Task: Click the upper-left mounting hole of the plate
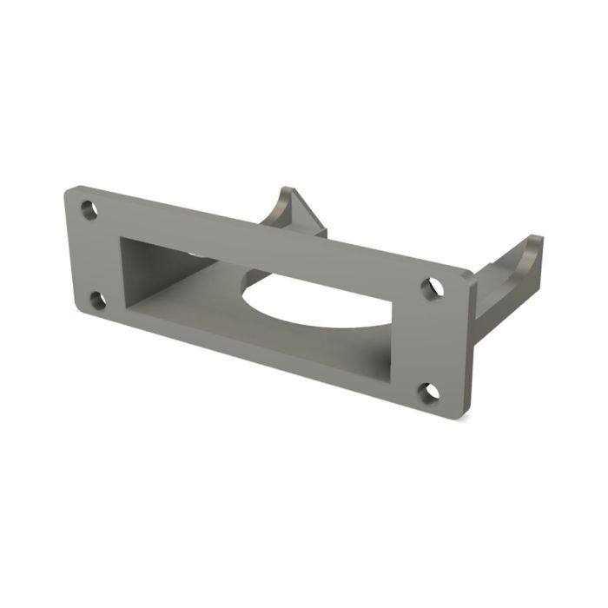click(89, 209)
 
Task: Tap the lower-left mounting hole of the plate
click(97, 301)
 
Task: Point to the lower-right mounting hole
click(427, 393)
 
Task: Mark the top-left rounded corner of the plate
click(70, 189)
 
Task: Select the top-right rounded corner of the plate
click(466, 276)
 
